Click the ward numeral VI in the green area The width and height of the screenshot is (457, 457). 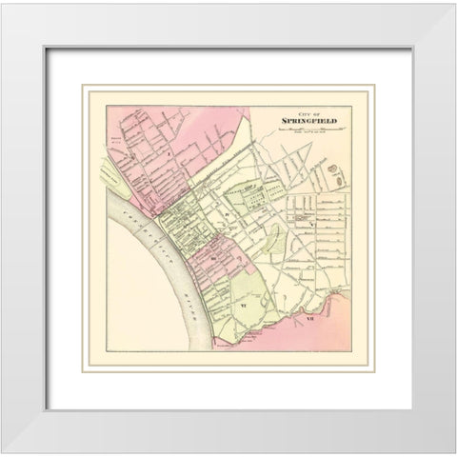[x=244, y=304]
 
